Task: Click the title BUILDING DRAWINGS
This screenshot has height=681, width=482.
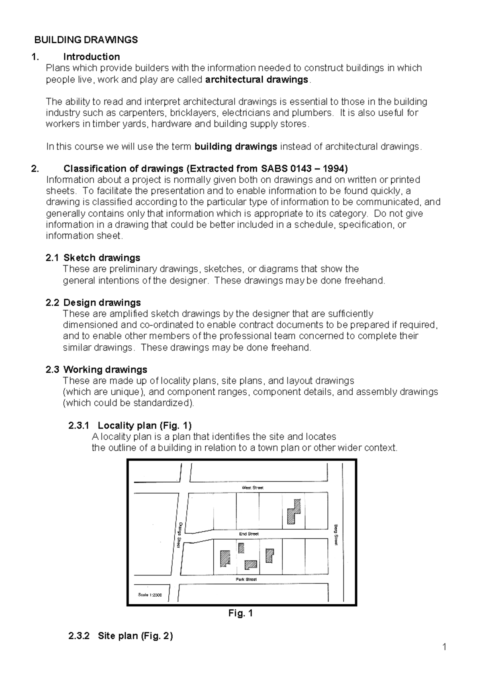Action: (86, 40)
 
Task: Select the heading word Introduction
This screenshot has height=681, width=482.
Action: (92, 57)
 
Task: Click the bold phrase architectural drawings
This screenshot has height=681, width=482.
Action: (256, 80)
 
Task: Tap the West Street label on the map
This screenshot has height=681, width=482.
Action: (252, 487)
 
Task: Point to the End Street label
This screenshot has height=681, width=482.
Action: (249, 534)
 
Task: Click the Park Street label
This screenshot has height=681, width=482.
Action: (246, 579)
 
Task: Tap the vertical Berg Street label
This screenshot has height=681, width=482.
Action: (336, 534)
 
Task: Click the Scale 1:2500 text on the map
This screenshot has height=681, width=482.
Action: (150, 595)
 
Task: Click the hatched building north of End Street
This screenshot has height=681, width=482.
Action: (294, 512)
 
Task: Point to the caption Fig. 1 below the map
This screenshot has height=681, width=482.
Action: (240, 613)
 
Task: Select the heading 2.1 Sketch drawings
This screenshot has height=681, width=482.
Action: (93, 258)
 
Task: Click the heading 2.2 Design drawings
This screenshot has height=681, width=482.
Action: (94, 302)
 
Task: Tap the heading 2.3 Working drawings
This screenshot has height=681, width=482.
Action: (96, 369)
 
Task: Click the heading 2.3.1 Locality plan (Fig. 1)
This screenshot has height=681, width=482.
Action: (130, 425)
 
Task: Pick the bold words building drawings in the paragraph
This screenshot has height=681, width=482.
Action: (236, 147)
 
